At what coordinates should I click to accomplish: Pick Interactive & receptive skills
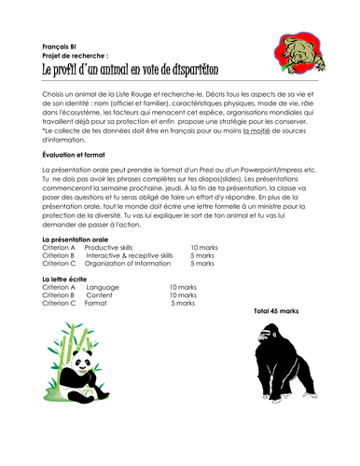pos(130,254)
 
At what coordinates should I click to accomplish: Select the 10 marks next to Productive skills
pos(203,247)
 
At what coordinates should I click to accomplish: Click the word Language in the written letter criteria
pos(102,287)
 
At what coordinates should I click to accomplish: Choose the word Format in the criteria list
pos(96,303)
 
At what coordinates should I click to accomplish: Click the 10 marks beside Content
pos(182,295)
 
